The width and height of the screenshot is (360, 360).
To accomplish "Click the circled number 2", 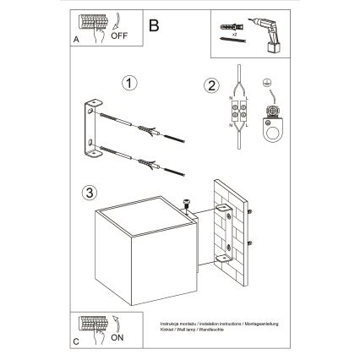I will pyautogui.click(x=211, y=84).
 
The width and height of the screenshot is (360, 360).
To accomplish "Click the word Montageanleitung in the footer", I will pyautogui.click(x=270, y=322).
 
